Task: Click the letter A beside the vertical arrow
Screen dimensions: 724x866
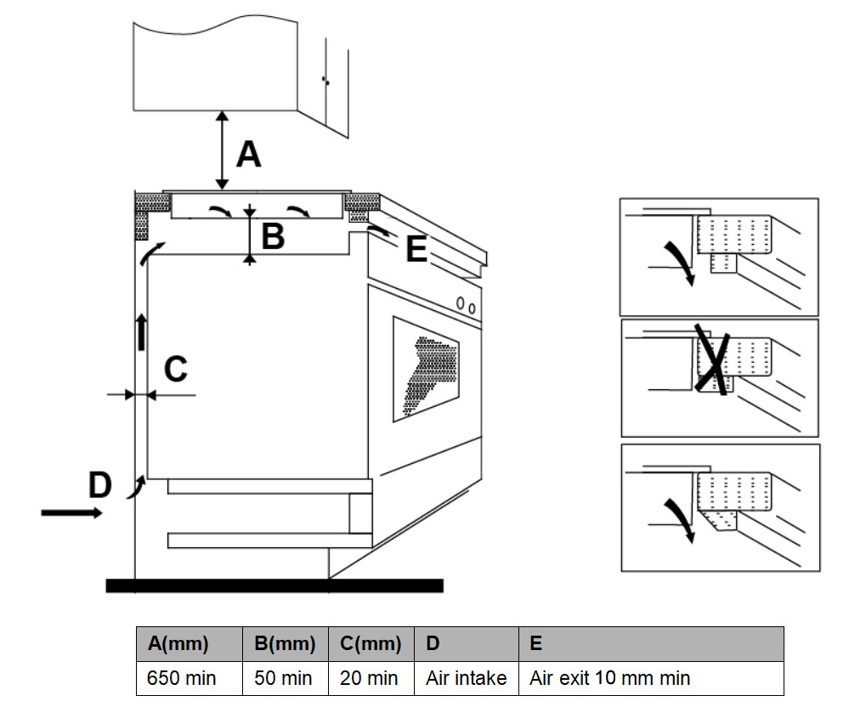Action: pos(248,155)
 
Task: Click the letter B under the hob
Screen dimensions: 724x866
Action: pos(273,235)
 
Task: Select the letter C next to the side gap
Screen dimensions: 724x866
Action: pos(174,370)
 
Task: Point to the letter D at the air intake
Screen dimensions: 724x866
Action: pos(100,485)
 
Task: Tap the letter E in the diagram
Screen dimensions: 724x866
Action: pos(416,250)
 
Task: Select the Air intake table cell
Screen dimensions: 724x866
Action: pos(467,678)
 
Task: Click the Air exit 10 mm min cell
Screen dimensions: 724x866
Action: pos(609,678)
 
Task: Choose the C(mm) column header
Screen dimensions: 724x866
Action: pos(371,643)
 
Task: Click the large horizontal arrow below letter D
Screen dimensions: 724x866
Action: pos(71,512)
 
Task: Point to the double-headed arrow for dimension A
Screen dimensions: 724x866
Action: pos(222,150)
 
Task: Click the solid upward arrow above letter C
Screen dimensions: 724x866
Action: pos(141,331)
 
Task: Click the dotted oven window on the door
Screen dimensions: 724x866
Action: pos(426,370)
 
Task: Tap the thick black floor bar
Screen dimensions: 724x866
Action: pos(274,585)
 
